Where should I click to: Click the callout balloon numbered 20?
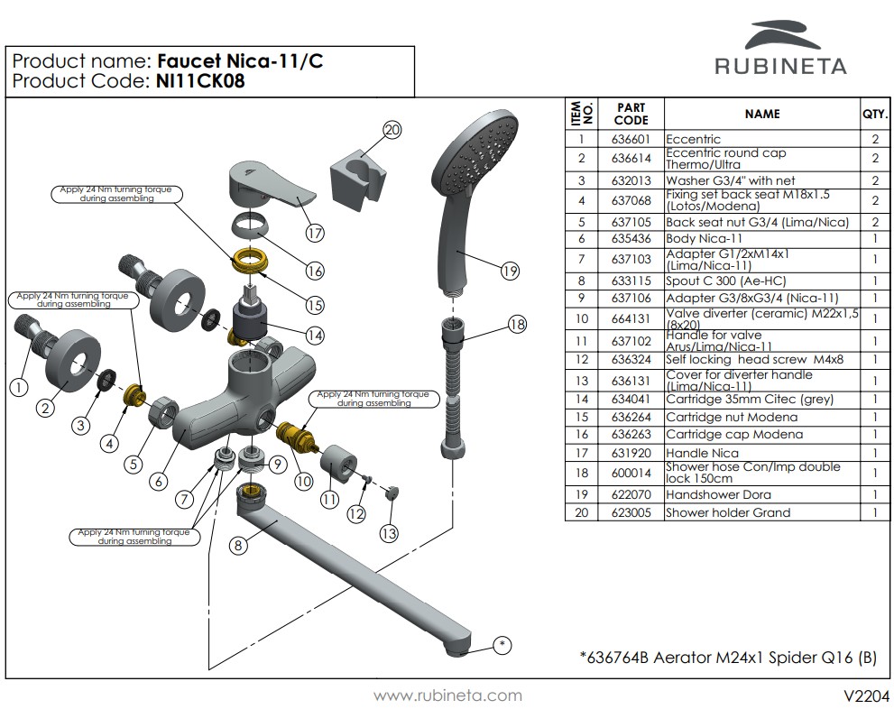coord(392,130)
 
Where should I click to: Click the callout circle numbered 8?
coord(238,546)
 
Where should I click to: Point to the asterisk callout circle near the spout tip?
coord(502,645)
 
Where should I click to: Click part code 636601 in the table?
coord(631,139)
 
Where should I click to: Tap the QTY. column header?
coord(875,114)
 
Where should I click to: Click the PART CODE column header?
coord(631,114)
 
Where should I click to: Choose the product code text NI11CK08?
coord(200,81)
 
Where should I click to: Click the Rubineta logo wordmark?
coord(780,66)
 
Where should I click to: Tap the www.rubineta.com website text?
coord(447,695)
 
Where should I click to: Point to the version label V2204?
coord(867,695)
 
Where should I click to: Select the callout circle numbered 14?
coord(315,336)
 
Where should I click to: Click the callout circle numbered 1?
coord(19,388)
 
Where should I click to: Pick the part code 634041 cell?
coord(631,399)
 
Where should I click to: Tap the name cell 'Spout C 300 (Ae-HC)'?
coord(726,281)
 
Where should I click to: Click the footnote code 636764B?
coord(618,658)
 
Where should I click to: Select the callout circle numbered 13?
coord(388,533)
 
